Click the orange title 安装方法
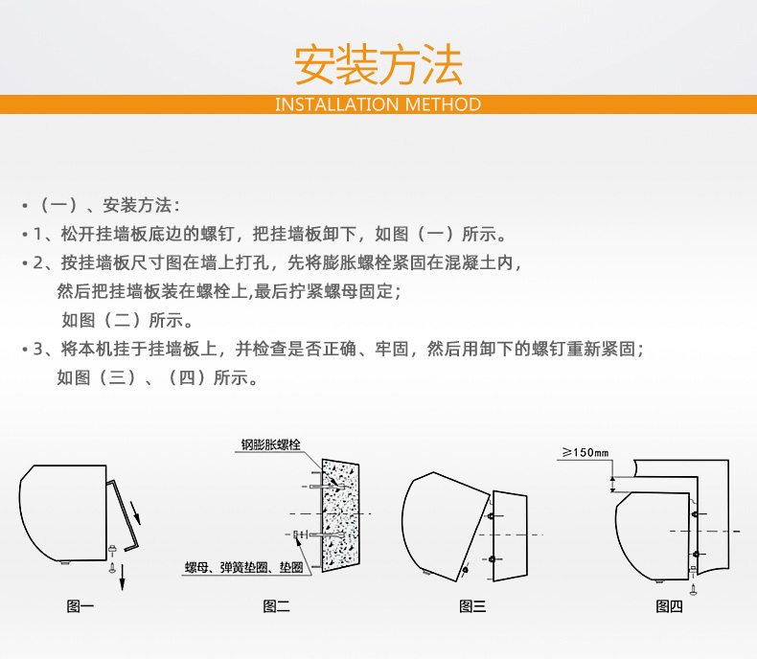(x=378, y=64)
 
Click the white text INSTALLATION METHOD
(x=378, y=104)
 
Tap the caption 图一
(x=80, y=606)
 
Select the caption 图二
(x=277, y=606)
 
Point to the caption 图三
(x=472, y=606)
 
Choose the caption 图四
(x=669, y=606)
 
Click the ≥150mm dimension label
(x=585, y=452)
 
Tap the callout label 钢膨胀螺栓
(x=271, y=444)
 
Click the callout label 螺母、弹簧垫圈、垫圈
(x=244, y=567)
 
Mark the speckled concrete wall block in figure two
(x=340, y=515)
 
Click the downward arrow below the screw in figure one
(x=122, y=577)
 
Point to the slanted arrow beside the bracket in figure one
(x=136, y=512)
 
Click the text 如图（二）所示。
(x=127, y=320)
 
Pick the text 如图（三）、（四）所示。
(x=158, y=377)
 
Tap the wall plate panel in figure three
(x=510, y=535)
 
